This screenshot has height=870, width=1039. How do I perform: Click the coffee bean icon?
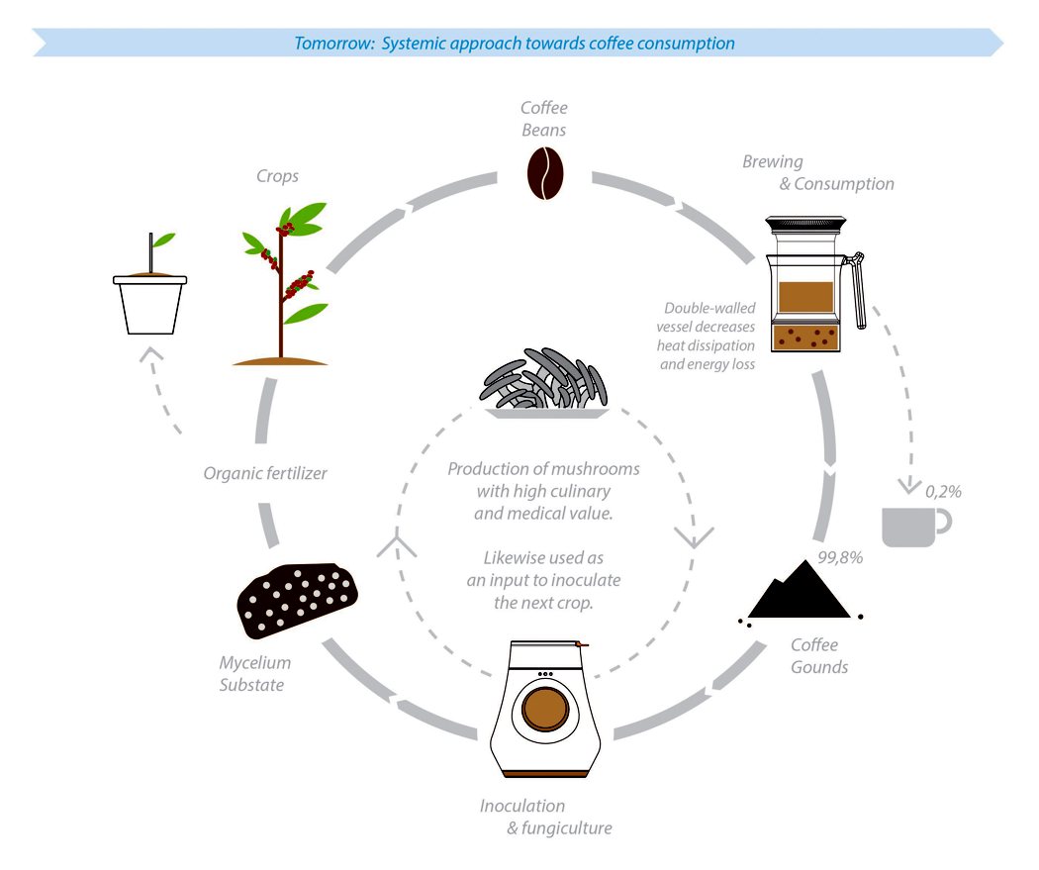point(543,173)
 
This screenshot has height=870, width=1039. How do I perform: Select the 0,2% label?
point(943,490)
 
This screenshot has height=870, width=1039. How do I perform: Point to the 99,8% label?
point(840,556)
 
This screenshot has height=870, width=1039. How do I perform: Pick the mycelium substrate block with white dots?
point(297,600)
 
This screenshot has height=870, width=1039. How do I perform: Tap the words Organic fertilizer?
point(265,473)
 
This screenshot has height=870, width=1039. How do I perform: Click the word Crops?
point(276,176)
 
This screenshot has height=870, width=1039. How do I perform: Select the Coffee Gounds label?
point(819,656)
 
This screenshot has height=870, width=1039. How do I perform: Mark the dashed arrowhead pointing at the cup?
point(906,486)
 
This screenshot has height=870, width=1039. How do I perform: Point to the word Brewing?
point(773,161)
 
